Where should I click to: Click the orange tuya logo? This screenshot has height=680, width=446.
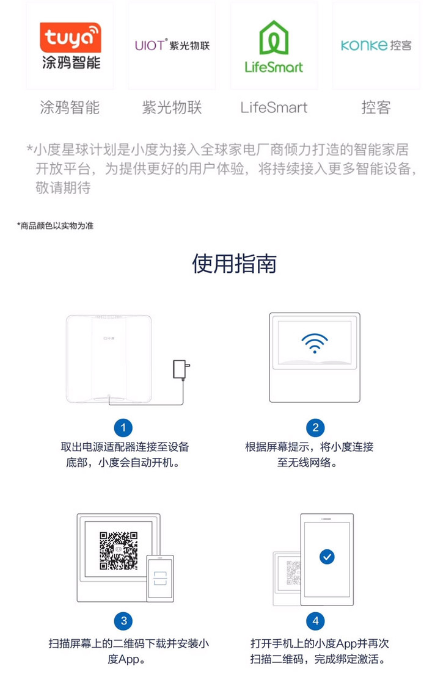(70, 37)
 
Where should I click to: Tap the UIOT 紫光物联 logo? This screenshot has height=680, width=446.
(172, 45)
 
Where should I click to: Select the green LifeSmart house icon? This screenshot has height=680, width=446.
(274, 38)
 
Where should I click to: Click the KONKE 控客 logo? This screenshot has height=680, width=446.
(376, 45)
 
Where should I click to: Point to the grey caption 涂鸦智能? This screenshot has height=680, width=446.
(70, 107)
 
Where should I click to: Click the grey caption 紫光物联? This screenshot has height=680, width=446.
(172, 107)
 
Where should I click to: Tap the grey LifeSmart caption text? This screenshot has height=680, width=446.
(274, 107)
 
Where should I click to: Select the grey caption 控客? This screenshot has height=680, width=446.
(376, 107)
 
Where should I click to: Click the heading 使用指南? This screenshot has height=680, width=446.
(234, 264)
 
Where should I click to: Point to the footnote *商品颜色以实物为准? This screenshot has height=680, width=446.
(55, 225)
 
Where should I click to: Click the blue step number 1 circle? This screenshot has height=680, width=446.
(123, 428)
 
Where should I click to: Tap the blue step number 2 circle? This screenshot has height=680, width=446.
(315, 428)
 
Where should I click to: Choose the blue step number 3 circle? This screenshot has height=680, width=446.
(123, 621)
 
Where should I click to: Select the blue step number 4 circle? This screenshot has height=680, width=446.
(315, 621)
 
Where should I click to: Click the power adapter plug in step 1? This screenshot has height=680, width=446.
(181, 370)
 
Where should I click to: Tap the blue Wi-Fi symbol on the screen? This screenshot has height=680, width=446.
(315, 343)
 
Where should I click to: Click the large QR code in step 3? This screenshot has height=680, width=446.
(119, 551)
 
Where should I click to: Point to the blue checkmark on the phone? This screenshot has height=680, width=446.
(327, 557)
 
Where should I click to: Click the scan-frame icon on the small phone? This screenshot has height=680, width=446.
(160, 578)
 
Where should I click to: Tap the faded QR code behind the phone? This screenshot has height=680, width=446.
(293, 573)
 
